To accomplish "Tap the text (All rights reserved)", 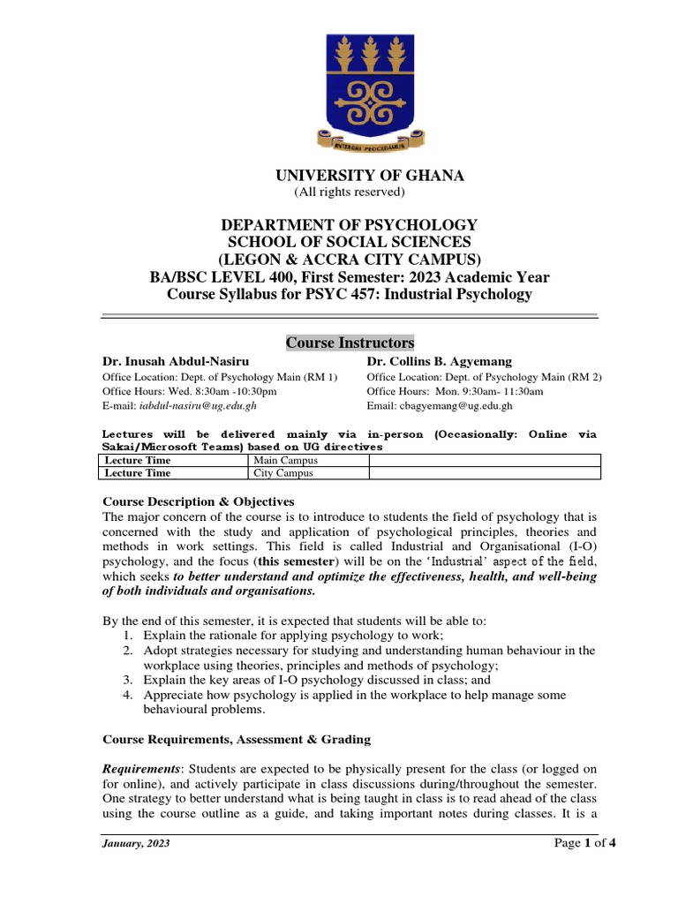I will click(349, 192).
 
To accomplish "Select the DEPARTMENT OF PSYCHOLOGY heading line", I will click(350, 225).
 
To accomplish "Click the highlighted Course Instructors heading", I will click(350, 343).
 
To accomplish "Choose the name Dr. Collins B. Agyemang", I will click(432, 361).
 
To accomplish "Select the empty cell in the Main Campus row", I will click(484, 461).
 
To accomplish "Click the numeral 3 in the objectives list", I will click(128, 680).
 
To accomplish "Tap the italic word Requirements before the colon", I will click(142, 769).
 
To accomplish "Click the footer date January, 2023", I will click(137, 843).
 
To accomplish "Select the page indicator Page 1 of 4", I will click(584, 842).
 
